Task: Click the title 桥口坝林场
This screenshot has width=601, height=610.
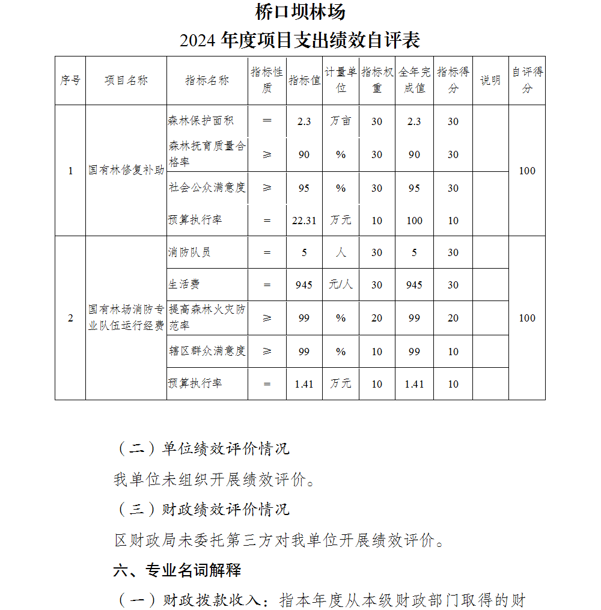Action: tap(300, 12)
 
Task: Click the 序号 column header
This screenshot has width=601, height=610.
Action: tap(70, 81)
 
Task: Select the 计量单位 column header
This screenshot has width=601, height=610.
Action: tap(341, 80)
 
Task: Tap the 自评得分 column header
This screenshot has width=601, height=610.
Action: tap(527, 80)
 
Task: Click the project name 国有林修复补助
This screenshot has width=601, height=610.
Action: tap(126, 171)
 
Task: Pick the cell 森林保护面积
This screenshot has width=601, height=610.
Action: tap(201, 121)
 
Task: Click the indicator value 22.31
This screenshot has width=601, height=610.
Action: tap(304, 221)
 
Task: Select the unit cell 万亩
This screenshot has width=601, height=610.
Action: tap(341, 121)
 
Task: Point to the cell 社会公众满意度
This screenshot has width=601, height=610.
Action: tap(207, 188)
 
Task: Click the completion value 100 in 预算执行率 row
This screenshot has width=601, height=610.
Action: tap(414, 221)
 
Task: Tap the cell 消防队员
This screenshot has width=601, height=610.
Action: tap(189, 252)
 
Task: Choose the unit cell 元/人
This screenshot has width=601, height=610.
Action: tap(341, 285)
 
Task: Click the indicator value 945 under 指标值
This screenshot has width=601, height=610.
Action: tap(304, 285)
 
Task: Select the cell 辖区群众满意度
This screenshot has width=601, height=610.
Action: tap(207, 351)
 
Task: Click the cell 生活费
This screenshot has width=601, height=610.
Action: tap(183, 285)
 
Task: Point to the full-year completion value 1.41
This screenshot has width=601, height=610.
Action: tap(414, 384)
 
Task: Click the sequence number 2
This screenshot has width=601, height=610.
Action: tap(70, 318)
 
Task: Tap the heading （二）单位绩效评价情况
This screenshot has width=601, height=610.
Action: tap(202, 448)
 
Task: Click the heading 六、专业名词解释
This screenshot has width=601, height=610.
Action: tap(177, 570)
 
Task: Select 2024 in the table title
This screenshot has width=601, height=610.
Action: tap(198, 41)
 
